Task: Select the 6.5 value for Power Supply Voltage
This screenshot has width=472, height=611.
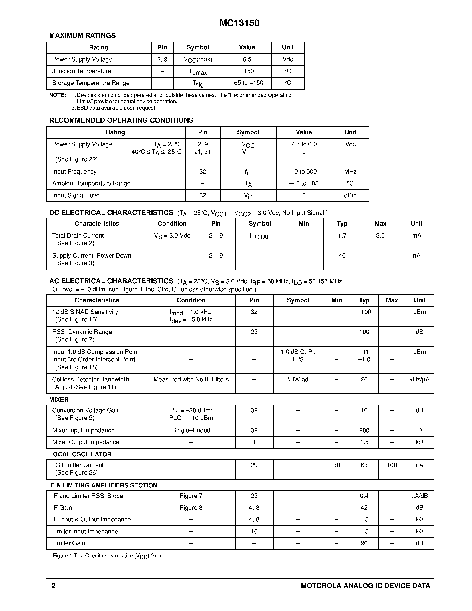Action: [x=247, y=59]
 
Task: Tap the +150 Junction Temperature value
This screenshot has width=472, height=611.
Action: [x=247, y=71]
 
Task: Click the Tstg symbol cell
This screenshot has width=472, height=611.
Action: [x=198, y=83]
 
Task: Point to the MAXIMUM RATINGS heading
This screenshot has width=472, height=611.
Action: [x=82, y=36]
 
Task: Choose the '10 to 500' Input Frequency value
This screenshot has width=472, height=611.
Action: [x=304, y=172]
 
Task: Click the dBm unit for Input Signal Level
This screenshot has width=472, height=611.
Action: [x=350, y=195]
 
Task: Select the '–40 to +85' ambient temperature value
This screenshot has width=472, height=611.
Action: [x=304, y=183]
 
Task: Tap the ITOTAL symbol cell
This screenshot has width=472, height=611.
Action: [x=260, y=237]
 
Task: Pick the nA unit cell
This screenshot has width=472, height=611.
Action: [x=416, y=256]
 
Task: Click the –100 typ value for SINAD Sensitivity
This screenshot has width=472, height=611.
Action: [x=364, y=312]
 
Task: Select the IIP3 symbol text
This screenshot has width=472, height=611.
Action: [x=298, y=359]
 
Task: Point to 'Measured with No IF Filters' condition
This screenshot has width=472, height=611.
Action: [x=191, y=379]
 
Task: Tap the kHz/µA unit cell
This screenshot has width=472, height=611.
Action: [x=419, y=379]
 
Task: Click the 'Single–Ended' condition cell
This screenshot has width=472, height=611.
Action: [x=191, y=430]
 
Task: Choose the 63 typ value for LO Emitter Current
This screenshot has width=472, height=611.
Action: [x=364, y=465]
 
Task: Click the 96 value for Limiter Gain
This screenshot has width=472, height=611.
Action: [x=364, y=543]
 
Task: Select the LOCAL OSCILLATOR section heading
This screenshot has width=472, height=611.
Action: [x=80, y=454]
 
